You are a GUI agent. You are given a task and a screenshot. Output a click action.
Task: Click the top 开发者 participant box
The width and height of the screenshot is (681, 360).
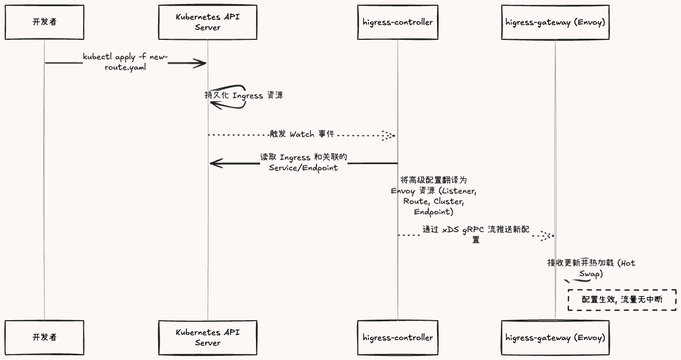[44, 22]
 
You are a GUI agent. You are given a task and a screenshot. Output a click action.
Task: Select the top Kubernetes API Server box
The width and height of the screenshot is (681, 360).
[208, 22]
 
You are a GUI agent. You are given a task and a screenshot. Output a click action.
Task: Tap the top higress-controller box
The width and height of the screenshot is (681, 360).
[398, 22]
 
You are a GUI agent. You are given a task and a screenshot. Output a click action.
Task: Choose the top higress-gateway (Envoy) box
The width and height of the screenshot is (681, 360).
[555, 22]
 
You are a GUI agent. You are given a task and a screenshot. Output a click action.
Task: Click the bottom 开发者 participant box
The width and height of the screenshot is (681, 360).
[44, 337]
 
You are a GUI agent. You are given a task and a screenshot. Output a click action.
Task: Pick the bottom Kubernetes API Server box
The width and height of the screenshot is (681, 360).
[208, 337]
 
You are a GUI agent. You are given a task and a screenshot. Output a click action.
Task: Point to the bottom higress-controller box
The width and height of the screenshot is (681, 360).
[398, 337]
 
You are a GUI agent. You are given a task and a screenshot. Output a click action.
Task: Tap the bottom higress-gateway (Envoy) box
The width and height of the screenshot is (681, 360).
[555, 337]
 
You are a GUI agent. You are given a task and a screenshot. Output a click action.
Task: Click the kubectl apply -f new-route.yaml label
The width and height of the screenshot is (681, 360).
[125, 62]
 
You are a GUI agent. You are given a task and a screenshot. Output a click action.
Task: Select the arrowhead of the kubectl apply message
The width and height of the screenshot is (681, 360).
[200, 63]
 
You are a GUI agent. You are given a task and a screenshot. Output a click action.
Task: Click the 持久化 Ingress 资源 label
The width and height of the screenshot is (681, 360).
[244, 95]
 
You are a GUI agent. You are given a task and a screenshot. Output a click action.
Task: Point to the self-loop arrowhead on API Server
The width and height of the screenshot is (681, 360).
[216, 105]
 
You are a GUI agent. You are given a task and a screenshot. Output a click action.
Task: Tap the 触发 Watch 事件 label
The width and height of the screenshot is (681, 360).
[302, 134]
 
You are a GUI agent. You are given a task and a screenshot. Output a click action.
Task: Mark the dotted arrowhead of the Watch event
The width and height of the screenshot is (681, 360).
[388, 135]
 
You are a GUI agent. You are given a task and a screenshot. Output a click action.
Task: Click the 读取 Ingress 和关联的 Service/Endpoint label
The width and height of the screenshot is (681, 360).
[304, 162]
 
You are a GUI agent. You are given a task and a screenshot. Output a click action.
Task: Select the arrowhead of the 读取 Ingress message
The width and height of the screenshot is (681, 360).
[217, 163]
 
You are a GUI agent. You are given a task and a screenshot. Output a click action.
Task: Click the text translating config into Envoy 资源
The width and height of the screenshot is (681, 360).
[433, 196]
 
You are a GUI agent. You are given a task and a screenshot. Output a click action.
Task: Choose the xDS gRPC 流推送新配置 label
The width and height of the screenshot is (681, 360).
[476, 234]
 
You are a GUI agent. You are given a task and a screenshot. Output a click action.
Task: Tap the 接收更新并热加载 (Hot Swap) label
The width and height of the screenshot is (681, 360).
[591, 268]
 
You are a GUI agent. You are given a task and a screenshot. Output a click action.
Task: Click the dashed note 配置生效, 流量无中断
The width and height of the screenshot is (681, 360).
[622, 300]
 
